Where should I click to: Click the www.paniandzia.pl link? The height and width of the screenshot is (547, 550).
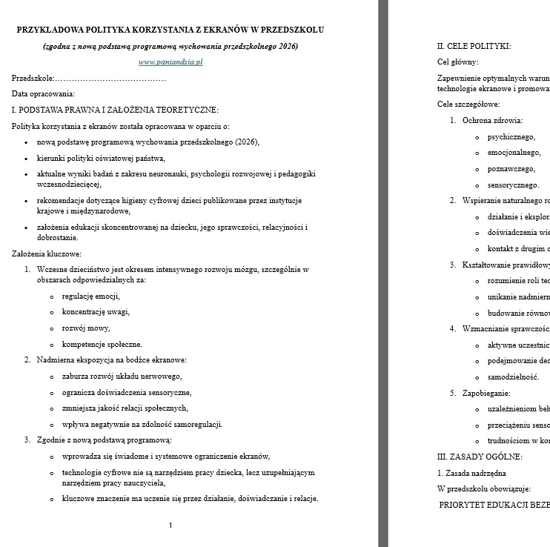pyautogui.click(x=170, y=62)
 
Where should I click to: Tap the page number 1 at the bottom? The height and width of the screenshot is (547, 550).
pyautogui.click(x=170, y=526)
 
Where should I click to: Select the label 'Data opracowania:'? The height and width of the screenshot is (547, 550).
pyautogui.click(x=43, y=94)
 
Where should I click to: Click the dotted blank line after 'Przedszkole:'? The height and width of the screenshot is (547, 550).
pyautogui.click(x=110, y=78)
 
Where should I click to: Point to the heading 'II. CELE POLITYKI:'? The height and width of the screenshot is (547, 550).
pyautogui.click(x=474, y=46)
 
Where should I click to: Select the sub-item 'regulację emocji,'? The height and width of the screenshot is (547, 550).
pyautogui.click(x=90, y=296)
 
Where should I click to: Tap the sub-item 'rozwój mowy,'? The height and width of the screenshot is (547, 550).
pyautogui.click(x=86, y=328)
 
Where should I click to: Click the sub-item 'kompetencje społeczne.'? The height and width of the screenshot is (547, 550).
pyautogui.click(x=102, y=345)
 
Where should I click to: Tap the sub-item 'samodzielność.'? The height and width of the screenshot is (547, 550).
pyautogui.click(x=513, y=377)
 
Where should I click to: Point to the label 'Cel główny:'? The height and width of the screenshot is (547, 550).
pyautogui.click(x=458, y=62)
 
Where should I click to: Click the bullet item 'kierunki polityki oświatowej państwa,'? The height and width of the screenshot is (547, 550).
pyautogui.click(x=101, y=158)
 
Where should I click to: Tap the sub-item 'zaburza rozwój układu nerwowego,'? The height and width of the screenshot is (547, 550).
pyautogui.click(x=122, y=377)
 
